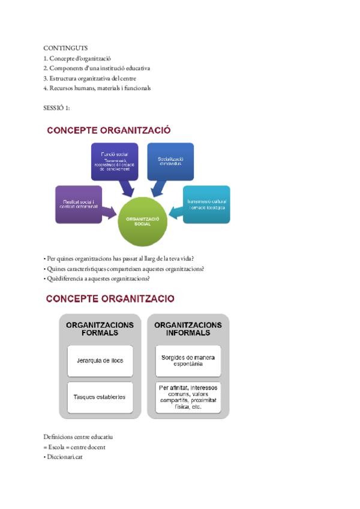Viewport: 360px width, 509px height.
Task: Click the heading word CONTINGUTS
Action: pos(65,47)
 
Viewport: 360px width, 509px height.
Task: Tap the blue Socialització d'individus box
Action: pos(170,161)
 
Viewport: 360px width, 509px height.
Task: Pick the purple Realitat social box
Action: pos(78,204)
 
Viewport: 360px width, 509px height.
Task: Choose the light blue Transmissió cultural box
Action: pos(206,204)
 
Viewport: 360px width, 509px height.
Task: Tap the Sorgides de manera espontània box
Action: pos(188,361)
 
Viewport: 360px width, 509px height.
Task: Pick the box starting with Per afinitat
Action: pos(188,397)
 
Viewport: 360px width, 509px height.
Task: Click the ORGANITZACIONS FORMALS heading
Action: pos(100,329)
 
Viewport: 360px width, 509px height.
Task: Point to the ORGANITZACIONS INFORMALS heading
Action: pos(188,329)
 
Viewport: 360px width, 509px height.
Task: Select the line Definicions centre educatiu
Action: pos(78,436)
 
